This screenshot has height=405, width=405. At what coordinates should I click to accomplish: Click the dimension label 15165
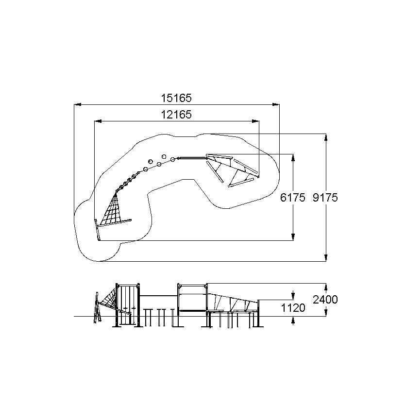point(176,98)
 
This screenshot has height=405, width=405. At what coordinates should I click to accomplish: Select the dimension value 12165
point(176,115)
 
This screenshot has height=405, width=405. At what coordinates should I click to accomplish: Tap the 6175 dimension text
point(293,198)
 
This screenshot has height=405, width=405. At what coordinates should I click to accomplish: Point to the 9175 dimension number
point(325,198)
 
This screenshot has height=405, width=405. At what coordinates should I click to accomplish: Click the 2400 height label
point(325,300)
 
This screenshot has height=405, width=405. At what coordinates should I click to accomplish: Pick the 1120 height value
point(293,308)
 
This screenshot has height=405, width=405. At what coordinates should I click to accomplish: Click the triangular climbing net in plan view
point(111,209)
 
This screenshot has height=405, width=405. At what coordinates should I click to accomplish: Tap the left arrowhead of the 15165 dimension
point(78,104)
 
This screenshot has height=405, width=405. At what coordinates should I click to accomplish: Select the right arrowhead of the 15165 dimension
point(276,104)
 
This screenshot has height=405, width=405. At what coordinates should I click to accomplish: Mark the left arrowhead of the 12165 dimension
point(98,121)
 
